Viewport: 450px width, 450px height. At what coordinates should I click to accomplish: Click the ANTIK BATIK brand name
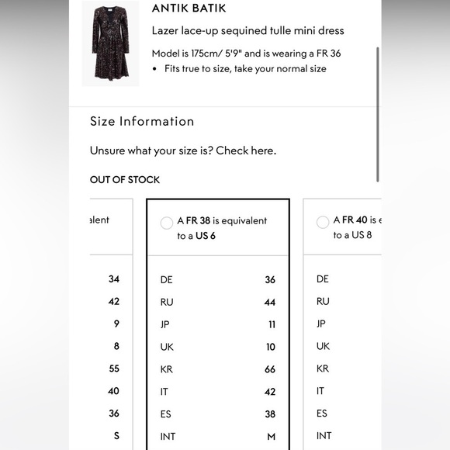pos(199,9)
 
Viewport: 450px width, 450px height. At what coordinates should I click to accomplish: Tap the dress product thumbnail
pos(111,43)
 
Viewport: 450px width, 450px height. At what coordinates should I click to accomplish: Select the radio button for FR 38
pos(167,223)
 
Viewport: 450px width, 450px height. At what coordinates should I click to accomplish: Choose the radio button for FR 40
pos(323,223)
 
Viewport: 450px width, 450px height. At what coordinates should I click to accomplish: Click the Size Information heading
pos(142,121)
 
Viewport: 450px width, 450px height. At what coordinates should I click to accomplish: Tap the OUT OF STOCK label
pos(125,179)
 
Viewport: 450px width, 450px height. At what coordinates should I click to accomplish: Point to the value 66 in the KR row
pos(270,369)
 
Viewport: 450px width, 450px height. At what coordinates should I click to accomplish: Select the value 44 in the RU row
pos(270,302)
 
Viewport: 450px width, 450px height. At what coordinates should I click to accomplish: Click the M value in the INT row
pos(272,437)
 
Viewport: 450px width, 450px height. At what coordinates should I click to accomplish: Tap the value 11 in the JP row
pos(271,324)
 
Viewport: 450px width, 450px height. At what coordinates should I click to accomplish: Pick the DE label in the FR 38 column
pos(167,279)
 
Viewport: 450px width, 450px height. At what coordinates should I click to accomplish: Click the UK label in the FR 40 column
pos(324,346)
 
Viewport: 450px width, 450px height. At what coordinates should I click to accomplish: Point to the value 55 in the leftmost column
pos(113,369)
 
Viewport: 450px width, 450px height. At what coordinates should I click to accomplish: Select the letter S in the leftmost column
pos(116,436)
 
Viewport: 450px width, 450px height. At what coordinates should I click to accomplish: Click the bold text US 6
pos(205,235)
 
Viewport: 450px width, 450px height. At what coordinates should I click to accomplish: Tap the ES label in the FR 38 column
pos(166,414)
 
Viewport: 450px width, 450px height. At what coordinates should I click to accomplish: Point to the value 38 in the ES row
pos(270,414)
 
